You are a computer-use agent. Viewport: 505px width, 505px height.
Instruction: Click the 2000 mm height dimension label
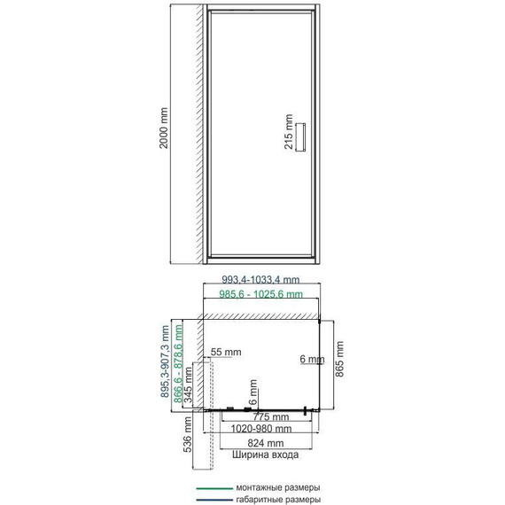tap(164, 128)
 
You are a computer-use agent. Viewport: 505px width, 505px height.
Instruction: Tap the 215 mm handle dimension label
tap(289, 131)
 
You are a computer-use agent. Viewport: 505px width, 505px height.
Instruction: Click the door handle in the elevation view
tap(300, 136)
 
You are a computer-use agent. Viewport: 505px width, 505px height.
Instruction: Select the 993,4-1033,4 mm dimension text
tap(260, 280)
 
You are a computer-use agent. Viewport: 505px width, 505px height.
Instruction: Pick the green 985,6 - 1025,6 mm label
tap(260, 294)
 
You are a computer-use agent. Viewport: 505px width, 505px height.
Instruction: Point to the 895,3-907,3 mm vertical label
tap(165, 361)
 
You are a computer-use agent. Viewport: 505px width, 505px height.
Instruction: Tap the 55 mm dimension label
tap(226, 352)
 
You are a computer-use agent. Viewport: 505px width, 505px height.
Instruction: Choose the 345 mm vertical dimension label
tap(188, 386)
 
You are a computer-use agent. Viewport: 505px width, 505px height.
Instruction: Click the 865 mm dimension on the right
tap(339, 359)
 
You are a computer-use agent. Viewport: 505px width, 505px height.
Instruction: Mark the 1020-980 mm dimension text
tap(261, 429)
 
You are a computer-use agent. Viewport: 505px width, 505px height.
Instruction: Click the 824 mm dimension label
tap(266, 443)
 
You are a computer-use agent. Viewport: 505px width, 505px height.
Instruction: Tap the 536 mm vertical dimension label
tap(188, 434)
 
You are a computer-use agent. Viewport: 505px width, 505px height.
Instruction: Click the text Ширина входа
tap(266, 454)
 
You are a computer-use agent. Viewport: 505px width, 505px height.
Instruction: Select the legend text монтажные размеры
tap(278, 487)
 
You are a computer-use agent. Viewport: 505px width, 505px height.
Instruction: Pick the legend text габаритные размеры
tap(278, 500)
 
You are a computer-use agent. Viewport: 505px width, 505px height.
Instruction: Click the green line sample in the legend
tap(214, 488)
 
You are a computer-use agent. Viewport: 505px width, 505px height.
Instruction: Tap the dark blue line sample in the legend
tap(214, 501)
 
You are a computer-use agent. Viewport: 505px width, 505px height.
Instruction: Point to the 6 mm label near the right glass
tap(312, 359)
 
